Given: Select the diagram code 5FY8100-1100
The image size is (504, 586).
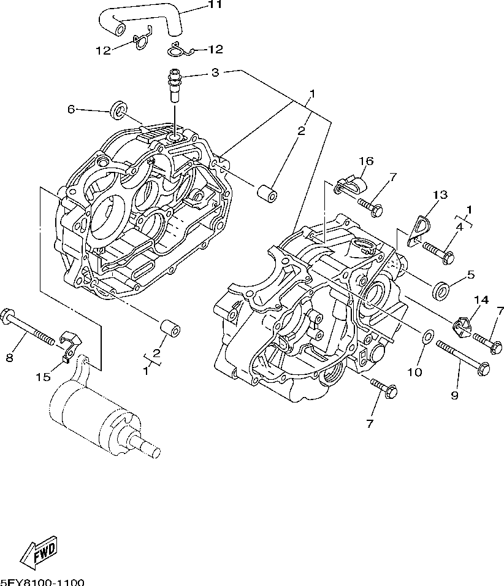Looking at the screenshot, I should point(42,581).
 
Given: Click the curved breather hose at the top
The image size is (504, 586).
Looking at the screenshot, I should point(147,18).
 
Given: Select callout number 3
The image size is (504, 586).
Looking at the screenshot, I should point(215,73).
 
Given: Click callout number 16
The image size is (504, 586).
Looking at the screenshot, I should point(366,161).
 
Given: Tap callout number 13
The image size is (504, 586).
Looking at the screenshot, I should point(439,195).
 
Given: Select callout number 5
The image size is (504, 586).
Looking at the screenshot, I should point(470,275).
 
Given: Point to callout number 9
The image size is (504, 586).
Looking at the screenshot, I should point(454,395).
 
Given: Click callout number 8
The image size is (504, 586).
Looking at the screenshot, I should point(9,358).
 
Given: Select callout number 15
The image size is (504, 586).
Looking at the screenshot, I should point(43,377).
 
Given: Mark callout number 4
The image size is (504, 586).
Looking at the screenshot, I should point(459,227).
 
